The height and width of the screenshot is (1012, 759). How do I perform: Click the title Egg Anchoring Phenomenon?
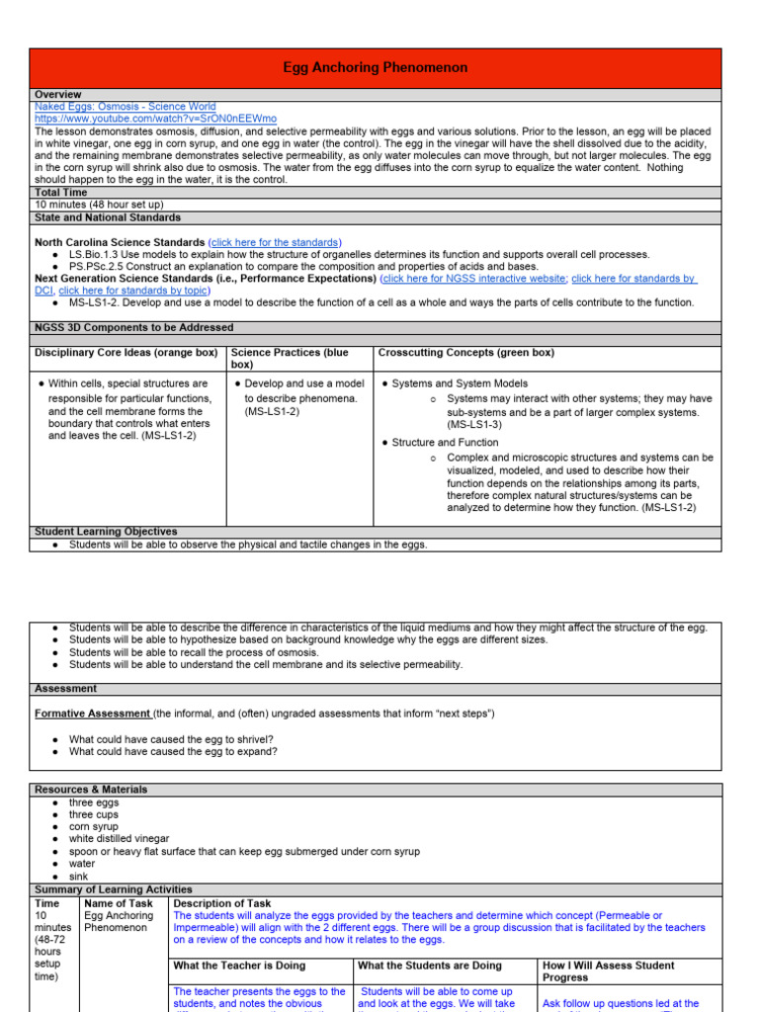(376, 68)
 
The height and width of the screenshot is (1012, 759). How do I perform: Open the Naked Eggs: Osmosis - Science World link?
(125, 107)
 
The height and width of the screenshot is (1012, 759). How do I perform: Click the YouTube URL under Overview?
(155, 119)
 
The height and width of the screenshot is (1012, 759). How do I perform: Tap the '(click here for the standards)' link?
(275, 242)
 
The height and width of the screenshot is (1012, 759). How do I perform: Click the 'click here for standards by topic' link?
(133, 291)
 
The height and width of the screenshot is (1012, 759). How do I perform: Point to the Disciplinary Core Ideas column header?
(126, 353)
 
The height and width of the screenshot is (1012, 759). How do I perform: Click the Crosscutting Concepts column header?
(465, 353)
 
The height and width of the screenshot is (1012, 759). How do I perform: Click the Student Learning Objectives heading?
(106, 532)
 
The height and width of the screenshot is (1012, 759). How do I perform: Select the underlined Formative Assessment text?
(92, 714)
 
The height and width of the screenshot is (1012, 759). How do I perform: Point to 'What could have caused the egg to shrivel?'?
(171, 739)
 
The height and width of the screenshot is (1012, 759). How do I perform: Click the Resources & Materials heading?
(91, 790)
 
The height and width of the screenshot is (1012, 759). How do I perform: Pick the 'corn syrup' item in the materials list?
(93, 826)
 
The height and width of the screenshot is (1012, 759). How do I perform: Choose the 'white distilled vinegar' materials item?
(119, 838)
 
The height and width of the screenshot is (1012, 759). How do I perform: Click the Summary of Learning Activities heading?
(114, 889)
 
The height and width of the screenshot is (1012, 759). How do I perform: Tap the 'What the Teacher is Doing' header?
(239, 966)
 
